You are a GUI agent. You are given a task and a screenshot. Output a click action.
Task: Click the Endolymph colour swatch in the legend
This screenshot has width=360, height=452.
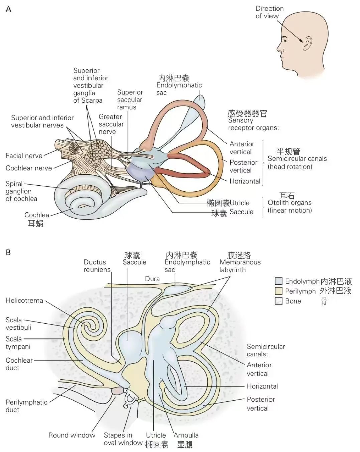pyautogui.click(x=278, y=281)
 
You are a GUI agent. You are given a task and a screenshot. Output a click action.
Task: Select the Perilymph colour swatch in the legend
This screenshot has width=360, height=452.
pyautogui.click(x=278, y=291)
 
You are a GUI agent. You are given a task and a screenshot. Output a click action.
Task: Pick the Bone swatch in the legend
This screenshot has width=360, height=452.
pyautogui.click(x=278, y=301)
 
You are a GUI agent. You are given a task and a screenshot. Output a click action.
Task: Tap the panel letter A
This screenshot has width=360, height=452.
pyautogui.click(x=9, y=9)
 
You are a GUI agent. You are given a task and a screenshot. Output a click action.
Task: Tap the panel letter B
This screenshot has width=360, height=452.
pyautogui.click(x=8, y=253)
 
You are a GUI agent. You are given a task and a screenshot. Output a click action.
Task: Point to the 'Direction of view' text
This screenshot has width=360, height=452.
pyautogui.click(x=269, y=12)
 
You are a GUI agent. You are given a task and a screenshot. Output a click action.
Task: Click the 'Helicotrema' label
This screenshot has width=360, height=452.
pyautogui.click(x=24, y=301)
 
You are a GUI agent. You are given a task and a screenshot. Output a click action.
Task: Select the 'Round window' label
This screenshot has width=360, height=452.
pyautogui.click(x=72, y=435)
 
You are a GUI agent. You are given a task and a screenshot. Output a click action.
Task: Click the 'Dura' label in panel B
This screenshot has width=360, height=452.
pyautogui.click(x=152, y=279)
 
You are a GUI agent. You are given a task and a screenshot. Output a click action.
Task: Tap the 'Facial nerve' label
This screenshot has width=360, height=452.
pyautogui.click(x=24, y=156)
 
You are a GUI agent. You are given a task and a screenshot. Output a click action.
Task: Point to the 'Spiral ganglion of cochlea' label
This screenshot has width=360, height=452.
pyautogui.click(x=21, y=191)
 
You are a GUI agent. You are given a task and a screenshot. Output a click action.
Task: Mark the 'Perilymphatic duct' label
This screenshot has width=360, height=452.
pyautogui.click(x=26, y=406)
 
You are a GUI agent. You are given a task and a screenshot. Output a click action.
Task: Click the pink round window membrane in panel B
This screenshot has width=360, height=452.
pyautogui.click(x=117, y=390)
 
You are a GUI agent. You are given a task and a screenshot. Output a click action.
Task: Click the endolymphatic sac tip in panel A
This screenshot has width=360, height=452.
pyautogui.click(x=200, y=97)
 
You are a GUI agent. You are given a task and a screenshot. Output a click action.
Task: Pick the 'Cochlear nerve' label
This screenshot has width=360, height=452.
pyautogui.click(x=29, y=168)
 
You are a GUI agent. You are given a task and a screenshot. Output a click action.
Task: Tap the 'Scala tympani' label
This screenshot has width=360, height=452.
pyautogui.click(x=18, y=343)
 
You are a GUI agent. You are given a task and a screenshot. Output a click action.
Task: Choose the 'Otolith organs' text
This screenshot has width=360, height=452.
pyautogui.click(x=290, y=203)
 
